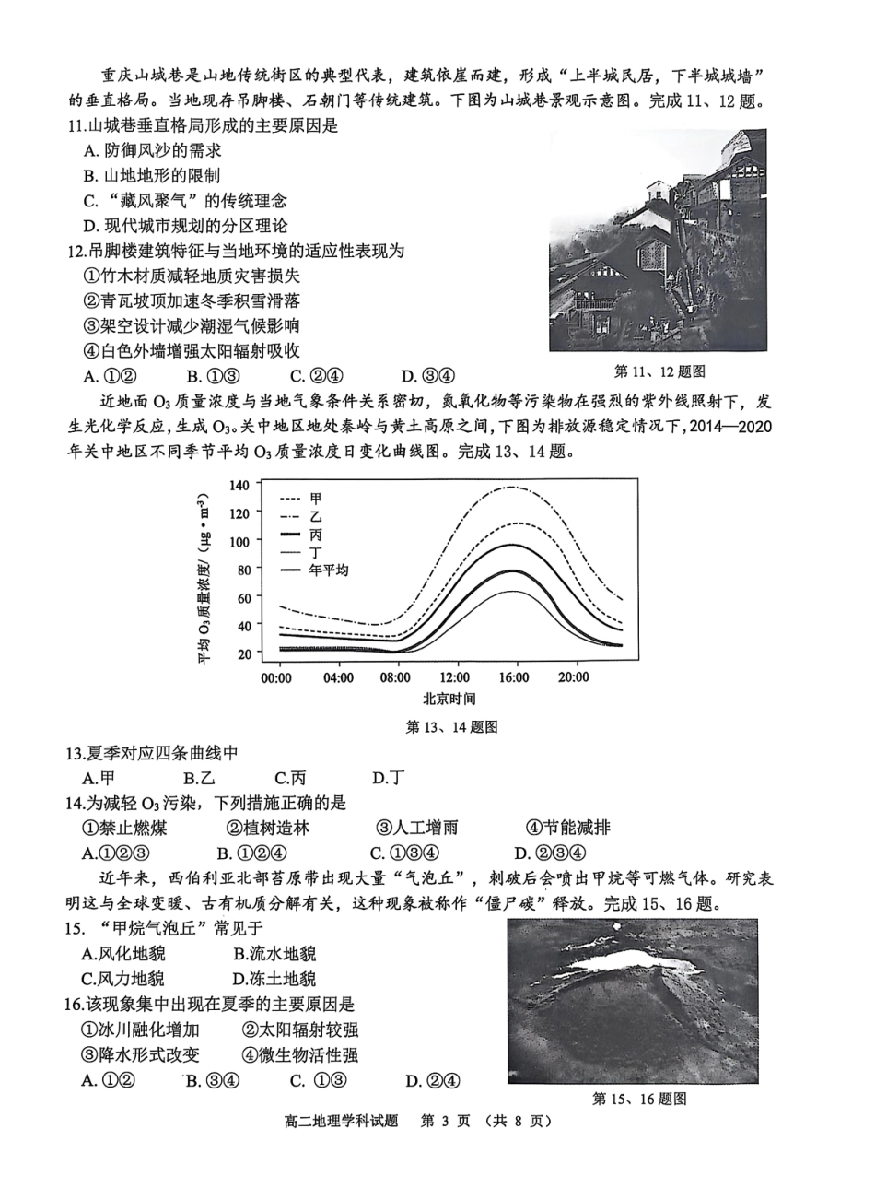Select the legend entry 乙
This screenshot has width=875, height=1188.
[x=316, y=516]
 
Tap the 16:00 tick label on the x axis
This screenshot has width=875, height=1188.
[x=514, y=677]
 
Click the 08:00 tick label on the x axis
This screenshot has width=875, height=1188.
[x=395, y=677]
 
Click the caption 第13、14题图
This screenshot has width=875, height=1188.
[x=451, y=726]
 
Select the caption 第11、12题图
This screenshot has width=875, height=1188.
[x=659, y=371]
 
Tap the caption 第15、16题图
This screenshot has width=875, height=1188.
[x=639, y=1099]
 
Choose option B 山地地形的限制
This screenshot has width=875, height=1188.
[x=151, y=175]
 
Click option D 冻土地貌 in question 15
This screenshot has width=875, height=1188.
[x=274, y=979]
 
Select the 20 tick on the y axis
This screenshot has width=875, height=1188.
[x=243, y=653]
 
